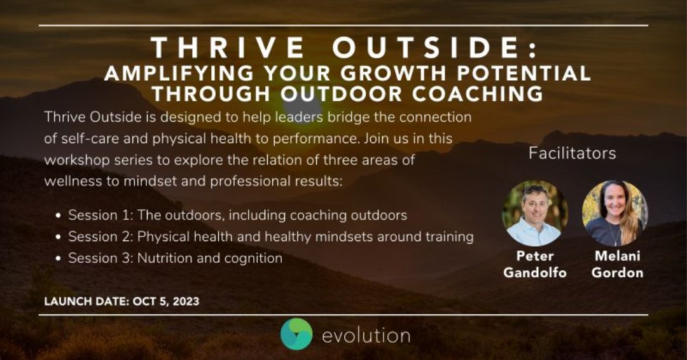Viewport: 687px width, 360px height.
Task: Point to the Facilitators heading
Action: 572,154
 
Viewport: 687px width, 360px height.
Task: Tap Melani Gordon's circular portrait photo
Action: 615,212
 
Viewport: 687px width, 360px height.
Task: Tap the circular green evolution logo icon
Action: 296,335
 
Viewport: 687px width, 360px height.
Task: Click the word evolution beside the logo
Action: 365,335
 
